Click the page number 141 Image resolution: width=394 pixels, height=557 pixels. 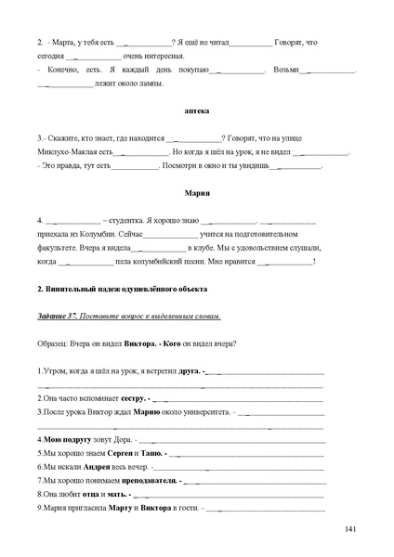coord(350,528)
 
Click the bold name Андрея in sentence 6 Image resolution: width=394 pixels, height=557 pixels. coord(104,467)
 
